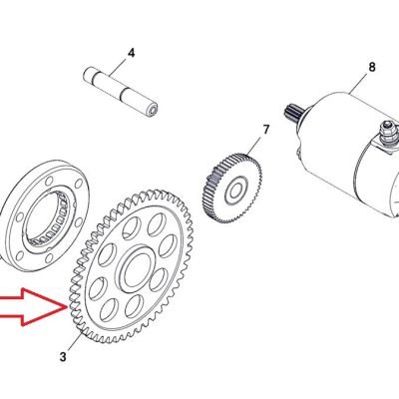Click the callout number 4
[132, 53]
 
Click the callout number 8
[372, 67]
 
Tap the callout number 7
[265, 130]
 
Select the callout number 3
[63, 357]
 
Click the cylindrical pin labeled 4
[120, 92]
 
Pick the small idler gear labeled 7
[231, 188]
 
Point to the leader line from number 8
[359, 82]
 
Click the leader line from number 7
[255, 145]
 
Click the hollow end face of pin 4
[153, 109]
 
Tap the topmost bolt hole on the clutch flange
[49, 181]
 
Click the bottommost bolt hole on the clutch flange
[49, 258]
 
